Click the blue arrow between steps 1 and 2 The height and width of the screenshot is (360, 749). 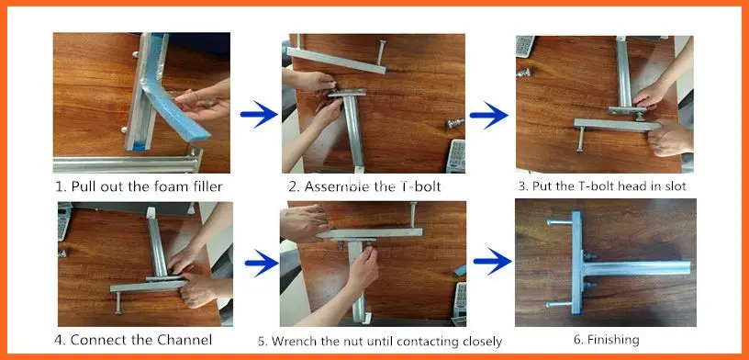pos(259,114)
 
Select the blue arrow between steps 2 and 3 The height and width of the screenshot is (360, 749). pos(488,115)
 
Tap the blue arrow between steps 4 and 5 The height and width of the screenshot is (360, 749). pos(262,263)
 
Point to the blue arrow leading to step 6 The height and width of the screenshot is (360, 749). pos(493,261)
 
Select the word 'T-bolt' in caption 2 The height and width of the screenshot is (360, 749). pos(418,186)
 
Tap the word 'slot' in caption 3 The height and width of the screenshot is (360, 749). pos(676,186)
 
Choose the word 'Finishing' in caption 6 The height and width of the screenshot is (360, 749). pos(613,340)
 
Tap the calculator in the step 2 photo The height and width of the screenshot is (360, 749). pos(455,156)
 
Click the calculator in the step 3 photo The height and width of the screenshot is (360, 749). pos(525,46)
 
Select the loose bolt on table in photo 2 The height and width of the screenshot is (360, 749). pos(454,123)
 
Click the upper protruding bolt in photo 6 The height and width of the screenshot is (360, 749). pos(559,222)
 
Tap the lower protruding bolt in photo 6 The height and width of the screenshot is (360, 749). pos(559,304)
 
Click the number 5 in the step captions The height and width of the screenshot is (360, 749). pos(261,342)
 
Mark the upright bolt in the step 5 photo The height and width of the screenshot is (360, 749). pos(412,215)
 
